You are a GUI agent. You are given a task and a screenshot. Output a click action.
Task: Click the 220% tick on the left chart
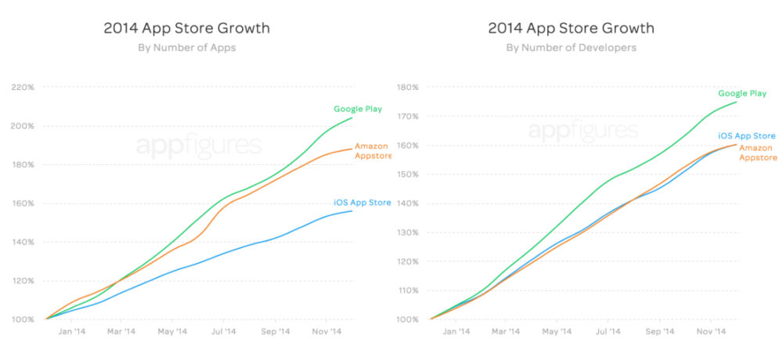(22, 88)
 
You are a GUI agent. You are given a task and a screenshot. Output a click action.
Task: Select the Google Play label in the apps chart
(358, 109)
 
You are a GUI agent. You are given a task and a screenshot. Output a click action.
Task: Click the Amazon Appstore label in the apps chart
(373, 150)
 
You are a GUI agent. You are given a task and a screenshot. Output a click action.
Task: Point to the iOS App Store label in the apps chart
(362, 203)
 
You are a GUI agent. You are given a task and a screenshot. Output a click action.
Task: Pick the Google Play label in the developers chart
(742, 93)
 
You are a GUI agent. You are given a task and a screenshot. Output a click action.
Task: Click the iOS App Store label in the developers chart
(746, 136)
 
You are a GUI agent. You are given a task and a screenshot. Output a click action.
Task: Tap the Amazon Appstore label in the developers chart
(757, 152)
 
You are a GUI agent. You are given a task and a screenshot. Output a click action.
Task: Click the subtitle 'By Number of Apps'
(186, 48)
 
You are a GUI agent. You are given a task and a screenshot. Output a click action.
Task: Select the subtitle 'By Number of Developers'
(571, 48)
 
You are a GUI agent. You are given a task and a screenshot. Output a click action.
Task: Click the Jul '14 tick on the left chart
(223, 332)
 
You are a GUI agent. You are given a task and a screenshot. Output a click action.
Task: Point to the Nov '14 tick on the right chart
(711, 332)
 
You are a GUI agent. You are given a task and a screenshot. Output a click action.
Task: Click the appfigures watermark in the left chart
(199, 146)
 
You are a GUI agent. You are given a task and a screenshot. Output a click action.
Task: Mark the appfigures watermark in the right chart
(583, 131)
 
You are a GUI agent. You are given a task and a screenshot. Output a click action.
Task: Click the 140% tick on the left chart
(22, 242)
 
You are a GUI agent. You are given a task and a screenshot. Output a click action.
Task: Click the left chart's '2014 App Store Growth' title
(186, 28)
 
